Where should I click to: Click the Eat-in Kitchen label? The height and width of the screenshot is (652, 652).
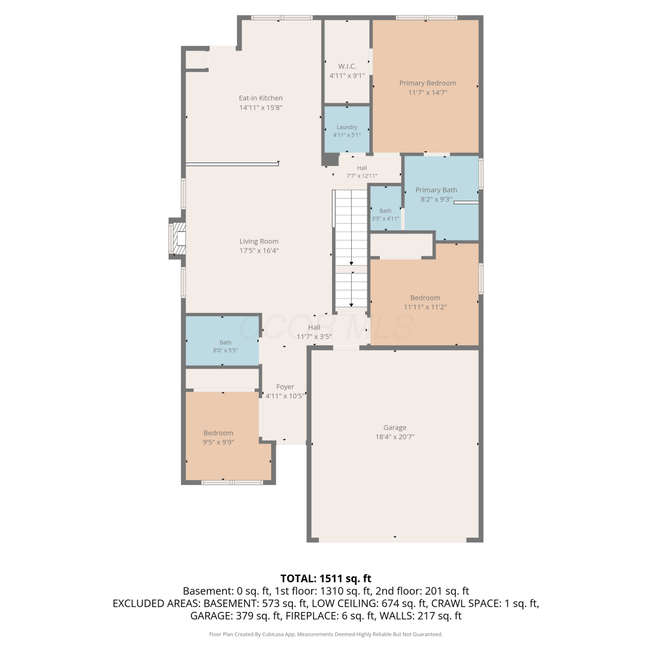point(261,98)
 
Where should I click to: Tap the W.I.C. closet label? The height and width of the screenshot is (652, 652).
point(347,67)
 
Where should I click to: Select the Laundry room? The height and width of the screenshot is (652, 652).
point(347,129)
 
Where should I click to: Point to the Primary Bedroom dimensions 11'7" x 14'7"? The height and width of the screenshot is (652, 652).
point(428,93)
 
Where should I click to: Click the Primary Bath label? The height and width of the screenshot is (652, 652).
point(436,190)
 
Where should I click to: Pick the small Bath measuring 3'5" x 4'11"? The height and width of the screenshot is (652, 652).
point(386,208)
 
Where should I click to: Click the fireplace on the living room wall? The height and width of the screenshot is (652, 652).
point(178,239)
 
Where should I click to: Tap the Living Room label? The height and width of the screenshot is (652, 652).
point(259,241)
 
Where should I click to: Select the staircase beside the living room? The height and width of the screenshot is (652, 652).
point(351,250)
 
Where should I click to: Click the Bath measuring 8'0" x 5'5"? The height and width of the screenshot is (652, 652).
point(223,341)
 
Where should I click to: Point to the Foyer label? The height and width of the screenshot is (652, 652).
point(285,387)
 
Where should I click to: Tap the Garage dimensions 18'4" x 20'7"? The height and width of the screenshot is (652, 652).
point(395,437)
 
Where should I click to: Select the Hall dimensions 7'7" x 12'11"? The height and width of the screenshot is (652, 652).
point(362,176)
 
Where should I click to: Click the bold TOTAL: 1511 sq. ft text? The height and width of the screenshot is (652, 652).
point(326,579)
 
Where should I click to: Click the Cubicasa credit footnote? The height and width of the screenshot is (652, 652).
point(326,634)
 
